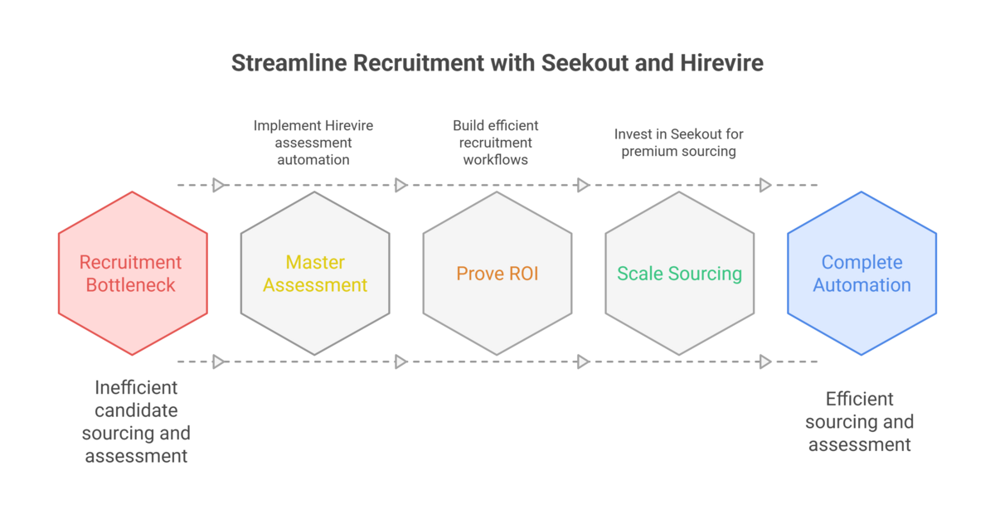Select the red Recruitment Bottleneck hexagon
[x=133, y=274]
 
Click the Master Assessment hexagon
[x=315, y=274]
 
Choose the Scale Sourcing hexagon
[x=680, y=274]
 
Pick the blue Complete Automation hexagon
[x=862, y=274]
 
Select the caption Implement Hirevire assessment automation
[x=313, y=142]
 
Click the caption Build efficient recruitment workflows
[x=496, y=142]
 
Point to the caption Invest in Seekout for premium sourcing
[x=679, y=142]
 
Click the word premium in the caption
[x=649, y=151]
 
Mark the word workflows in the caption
[x=496, y=159]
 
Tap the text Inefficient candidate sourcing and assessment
[x=136, y=421]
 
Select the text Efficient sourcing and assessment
[x=860, y=421]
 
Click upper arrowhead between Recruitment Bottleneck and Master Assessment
[x=219, y=185]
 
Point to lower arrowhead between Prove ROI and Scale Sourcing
[x=583, y=361]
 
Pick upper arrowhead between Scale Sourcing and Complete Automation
[x=765, y=185]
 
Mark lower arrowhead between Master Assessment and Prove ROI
[x=401, y=361]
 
